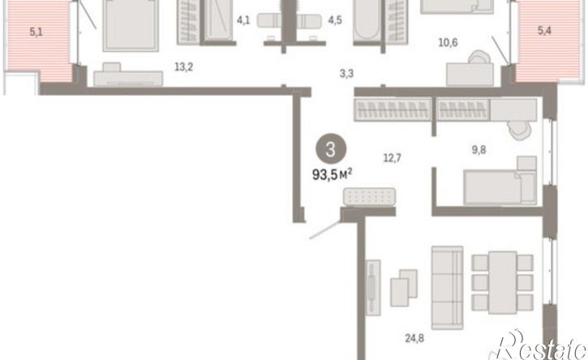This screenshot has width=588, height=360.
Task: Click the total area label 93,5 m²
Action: (333, 174)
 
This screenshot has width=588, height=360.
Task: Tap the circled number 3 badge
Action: (330, 149)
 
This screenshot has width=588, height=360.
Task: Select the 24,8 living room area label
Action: (414, 338)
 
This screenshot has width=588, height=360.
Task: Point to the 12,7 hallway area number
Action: (393, 158)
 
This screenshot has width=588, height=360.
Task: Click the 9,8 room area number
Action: (479, 150)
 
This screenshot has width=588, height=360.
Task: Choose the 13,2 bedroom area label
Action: (184, 66)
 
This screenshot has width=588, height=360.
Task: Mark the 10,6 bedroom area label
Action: (449, 42)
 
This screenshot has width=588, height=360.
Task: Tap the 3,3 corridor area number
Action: (346, 73)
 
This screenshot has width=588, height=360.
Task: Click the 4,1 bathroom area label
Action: (243, 19)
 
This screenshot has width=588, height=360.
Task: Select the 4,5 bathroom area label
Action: (335, 19)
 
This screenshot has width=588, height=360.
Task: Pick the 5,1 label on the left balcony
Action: (36, 32)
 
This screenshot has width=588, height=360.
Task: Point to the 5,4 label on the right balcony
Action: (544, 30)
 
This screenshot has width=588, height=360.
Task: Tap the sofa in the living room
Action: (447, 288)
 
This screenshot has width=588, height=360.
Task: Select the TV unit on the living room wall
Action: (373, 287)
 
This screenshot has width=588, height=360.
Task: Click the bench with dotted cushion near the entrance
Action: (369, 197)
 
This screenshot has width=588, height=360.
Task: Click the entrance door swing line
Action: (324, 229)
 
